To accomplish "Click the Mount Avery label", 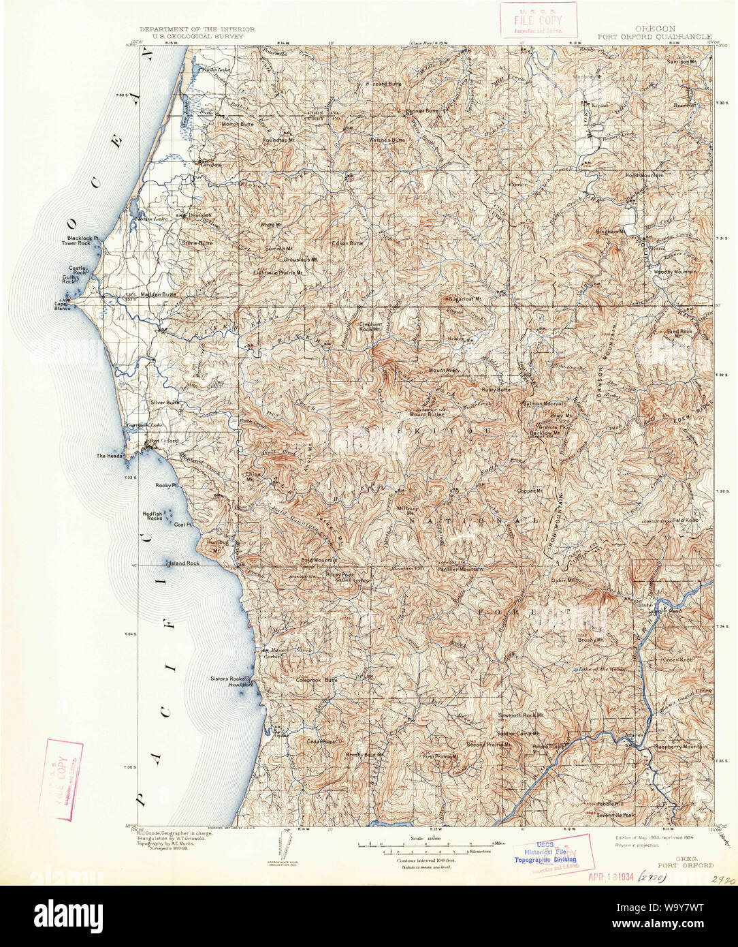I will (x=445, y=371).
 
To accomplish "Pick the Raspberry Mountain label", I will (x=681, y=747).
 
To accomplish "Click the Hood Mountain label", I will (x=644, y=175).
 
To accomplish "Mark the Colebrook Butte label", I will (x=317, y=680).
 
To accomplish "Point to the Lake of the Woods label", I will (x=598, y=669).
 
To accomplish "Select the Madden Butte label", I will (x=158, y=294).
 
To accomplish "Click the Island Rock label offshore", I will (x=184, y=563).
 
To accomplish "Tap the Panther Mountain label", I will (x=460, y=568).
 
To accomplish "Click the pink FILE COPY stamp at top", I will (x=538, y=20).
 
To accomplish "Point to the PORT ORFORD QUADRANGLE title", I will (x=654, y=37).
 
